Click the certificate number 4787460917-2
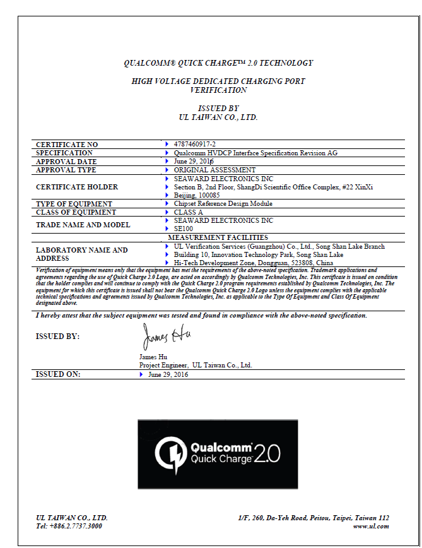click(194, 145)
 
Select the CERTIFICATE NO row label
click(67, 145)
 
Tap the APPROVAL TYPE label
click(66, 170)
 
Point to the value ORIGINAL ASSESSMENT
click(214, 170)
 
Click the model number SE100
click(183, 229)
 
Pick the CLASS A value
click(188, 212)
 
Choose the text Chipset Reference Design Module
click(223, 204)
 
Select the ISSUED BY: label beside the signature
click(57, 337)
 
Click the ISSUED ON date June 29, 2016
click(168, 374)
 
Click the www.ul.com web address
click(371, 526)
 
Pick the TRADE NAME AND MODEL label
click(83, 225)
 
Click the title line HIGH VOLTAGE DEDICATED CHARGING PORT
click(218, 81)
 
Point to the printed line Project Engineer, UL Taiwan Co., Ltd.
click(195, 365)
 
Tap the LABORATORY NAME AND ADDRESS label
click(81, 254)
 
